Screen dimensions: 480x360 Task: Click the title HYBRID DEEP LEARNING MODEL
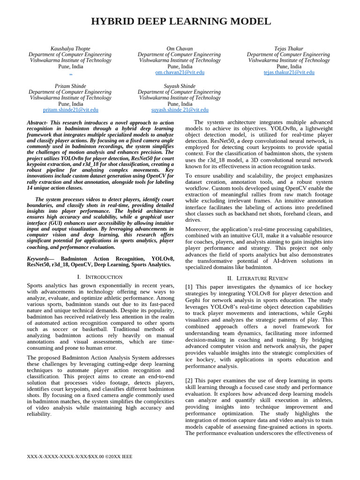180,21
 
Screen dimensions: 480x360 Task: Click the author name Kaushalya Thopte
70,48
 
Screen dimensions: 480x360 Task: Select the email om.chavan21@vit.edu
180,73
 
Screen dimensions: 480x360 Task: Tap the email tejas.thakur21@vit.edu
289,73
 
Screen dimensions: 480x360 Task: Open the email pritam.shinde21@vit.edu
70,110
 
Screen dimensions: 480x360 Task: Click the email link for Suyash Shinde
180,110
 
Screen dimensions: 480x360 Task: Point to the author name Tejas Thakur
289,48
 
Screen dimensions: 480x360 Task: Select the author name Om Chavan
180,48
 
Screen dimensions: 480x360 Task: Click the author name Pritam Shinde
70,86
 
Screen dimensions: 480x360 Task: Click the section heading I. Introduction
100,277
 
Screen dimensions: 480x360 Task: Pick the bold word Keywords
37,258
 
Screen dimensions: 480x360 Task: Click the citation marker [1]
189,287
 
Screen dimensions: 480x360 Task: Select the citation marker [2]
189,380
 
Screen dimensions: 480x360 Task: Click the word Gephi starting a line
194,300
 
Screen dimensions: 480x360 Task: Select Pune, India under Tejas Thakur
289,67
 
